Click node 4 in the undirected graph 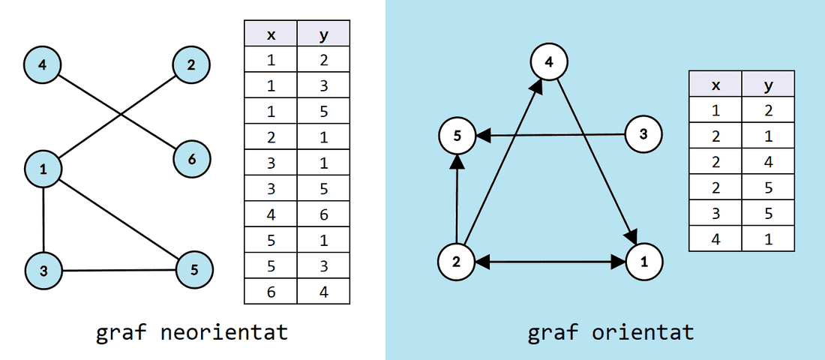pos(42,64)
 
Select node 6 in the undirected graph pos(192,159)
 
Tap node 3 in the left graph pos(43,271)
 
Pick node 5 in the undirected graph pos(194,269)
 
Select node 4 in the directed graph pos(549,62)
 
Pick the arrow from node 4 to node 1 pos(597,162)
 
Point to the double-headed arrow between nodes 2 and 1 pos(550,262)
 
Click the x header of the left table pos(271,34)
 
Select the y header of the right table pos(767,85)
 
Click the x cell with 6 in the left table pos(271,291)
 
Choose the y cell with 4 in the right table pos(767,162)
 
